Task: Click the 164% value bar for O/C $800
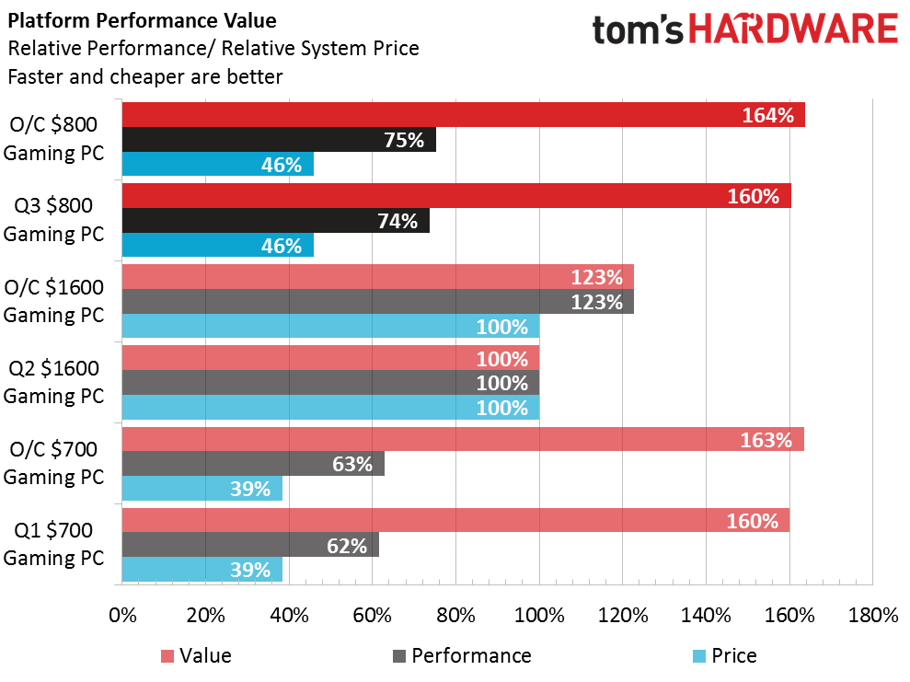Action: click(463, 114)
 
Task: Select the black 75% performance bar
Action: click(279, 139)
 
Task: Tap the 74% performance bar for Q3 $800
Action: click(276, 221)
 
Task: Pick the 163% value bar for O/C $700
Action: click(463, 439)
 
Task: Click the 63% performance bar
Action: click(253, 463)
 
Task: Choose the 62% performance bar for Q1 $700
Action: click(250, 545)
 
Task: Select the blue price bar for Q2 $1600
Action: click(331, 407)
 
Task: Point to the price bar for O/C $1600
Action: click(331, 326)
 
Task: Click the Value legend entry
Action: click(196, 656)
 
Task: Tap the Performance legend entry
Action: click(462, 656)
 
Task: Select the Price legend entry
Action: click(725, 656)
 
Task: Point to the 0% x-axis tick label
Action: click(122, 615)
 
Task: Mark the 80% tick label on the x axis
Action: click(455, 615)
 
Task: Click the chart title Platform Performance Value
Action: click(143, 21)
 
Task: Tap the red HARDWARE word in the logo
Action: click(793, 29)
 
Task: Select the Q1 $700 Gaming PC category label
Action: click(53, 544)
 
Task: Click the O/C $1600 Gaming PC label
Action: click(53, 301)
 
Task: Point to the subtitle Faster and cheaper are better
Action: click(145, 76)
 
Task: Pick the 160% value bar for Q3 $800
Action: click(456, 196)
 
